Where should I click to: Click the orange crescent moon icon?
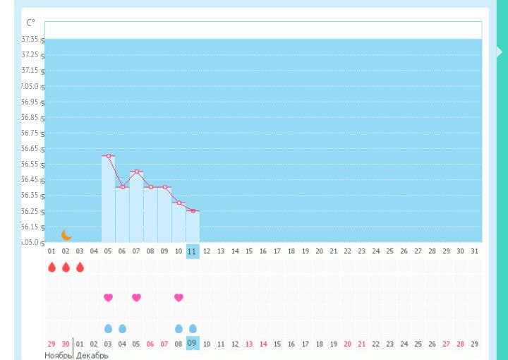click(66, 235)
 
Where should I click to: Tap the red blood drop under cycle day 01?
click(52, 268)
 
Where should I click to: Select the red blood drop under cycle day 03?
click(80, 268)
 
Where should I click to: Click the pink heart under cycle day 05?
click(108, 298)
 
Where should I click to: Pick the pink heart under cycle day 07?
click(136, 298)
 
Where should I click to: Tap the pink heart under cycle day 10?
click(179, 298)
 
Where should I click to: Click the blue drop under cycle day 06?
click(122, 328)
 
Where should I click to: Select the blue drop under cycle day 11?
click(193, 328)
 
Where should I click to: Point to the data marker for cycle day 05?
click(108, 155)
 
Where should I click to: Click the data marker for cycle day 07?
click(136, 172)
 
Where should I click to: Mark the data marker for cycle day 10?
click(179, 203)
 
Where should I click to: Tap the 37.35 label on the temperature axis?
click(30, 40)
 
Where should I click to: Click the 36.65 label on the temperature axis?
click(30, 149)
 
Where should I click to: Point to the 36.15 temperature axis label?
click(30, 227)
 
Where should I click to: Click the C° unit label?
click(30, 23)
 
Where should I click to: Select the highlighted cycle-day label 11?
click(192, 251)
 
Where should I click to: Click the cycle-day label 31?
click(474, 251)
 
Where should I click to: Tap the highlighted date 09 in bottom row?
click(192, 343)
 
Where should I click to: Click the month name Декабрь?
click(92, 355)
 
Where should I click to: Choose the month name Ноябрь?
click(59, 355)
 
